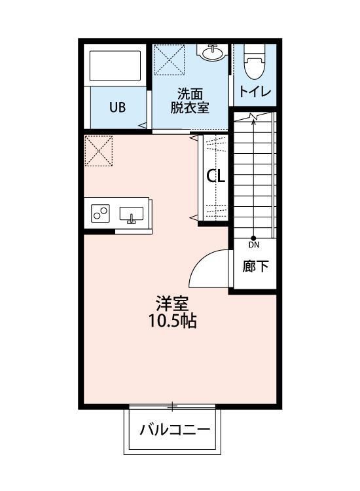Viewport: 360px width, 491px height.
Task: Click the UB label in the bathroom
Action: pos(118,107)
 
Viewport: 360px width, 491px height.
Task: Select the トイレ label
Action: pos(255,92)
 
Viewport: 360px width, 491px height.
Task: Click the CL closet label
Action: pos(216,175)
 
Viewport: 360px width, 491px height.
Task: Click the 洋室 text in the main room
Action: pos(172,304)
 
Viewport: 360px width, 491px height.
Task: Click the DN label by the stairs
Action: pos(254,245)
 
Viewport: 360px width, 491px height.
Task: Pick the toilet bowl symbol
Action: pos(254,65)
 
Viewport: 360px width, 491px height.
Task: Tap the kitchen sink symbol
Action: pos(132,214)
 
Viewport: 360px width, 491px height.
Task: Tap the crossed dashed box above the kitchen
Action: pos(99,151)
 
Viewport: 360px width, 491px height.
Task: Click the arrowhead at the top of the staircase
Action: pos(254,118)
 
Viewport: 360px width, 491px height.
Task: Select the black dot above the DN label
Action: pos(254,238)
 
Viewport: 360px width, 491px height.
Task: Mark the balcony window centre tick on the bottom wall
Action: pos(173,407)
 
